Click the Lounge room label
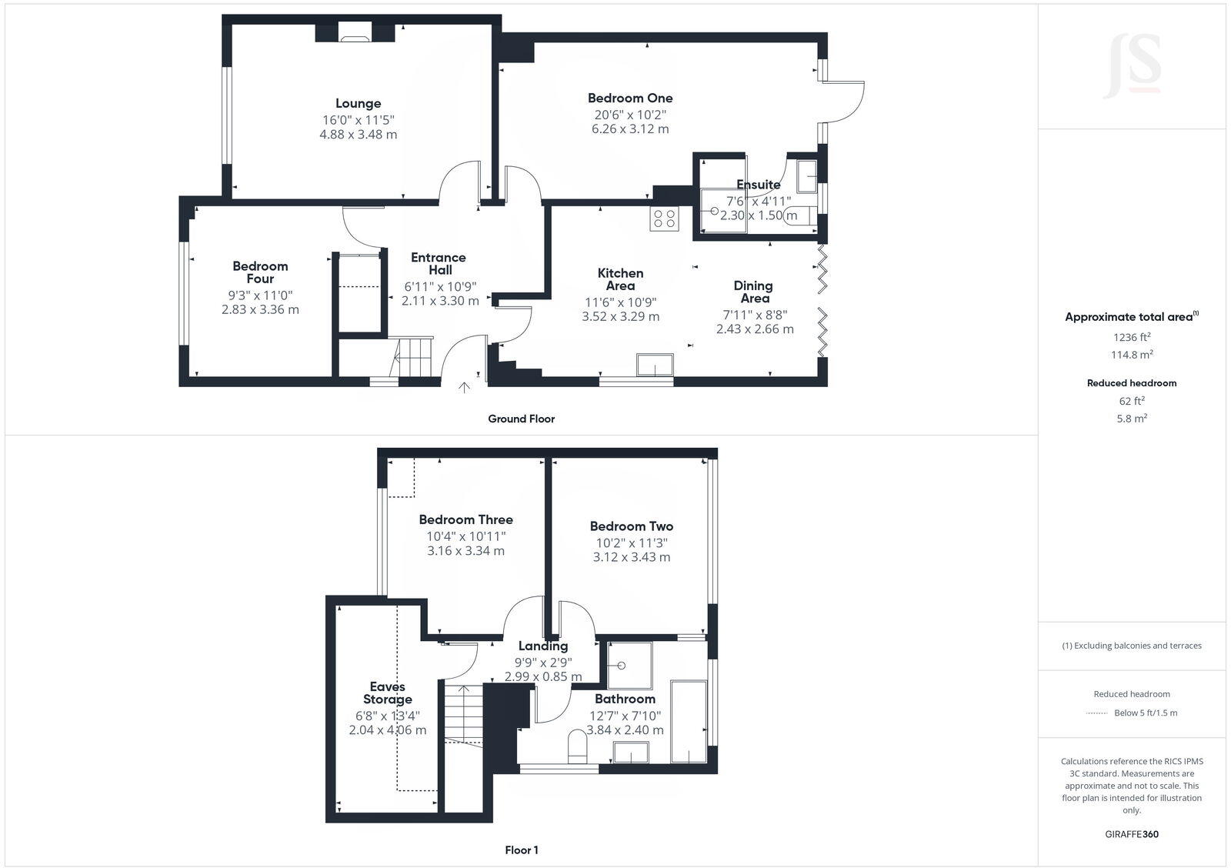(358, 103)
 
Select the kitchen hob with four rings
(664, 219)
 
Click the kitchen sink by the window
(655, 365)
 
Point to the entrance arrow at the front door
(464, 388)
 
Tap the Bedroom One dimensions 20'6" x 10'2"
(629, 115)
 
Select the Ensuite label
(758, 185)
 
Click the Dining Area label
(754, 292)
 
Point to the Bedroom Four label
(260, 272)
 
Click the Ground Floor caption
(521, 419)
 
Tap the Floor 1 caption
(521, 850)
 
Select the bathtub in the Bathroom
(689, 721)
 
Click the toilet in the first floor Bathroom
(577, 746)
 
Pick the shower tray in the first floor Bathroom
(629, 665)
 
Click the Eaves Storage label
(388, 693)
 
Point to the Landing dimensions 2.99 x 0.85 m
(542, 677)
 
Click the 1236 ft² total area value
(1131, 337)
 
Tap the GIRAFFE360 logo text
(1131, 834)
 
